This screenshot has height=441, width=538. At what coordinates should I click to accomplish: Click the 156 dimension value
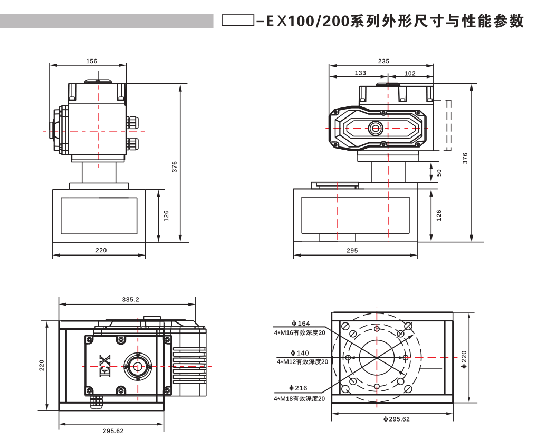(91, 61)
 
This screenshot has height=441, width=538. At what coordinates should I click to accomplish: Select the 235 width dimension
(383, 61)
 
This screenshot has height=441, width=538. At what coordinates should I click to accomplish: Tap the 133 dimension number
(360, 73)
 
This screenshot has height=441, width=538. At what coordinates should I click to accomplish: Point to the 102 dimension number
(410, 73)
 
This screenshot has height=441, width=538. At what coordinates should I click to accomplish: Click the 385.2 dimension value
(130, 299)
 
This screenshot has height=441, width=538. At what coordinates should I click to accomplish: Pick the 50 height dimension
(439, 172)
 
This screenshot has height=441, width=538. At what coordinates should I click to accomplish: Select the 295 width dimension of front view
(352, 251)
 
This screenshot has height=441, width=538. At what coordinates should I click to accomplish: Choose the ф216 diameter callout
(299, 388)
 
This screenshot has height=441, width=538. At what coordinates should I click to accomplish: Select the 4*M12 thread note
(302, 361)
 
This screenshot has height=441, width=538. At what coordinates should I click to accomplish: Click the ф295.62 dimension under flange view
(396, 419)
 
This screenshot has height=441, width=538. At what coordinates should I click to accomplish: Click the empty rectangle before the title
(238, 21)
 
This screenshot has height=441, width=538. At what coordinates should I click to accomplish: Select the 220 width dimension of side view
(101, 250)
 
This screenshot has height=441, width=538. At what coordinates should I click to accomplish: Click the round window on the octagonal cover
(376, 128)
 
